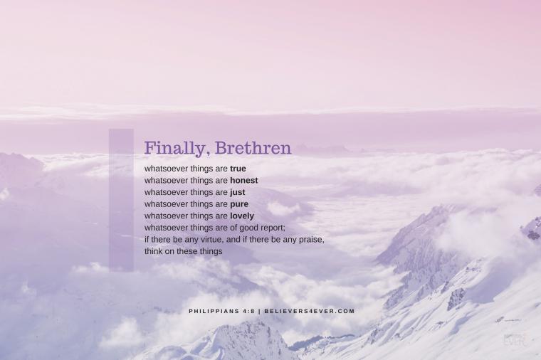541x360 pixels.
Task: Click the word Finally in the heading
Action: [174, 148]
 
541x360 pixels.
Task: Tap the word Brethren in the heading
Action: [253, 147]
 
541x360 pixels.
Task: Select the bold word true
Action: [238, 169]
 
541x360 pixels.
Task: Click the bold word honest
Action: [244, 180]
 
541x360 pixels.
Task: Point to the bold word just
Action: [238, 192]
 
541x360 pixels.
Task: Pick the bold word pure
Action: [239, 204]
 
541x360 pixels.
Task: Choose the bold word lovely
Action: [242, 216]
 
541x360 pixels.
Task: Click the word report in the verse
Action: [273, 228]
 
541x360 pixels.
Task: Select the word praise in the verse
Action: [311, 239]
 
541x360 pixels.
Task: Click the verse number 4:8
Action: [248, 311]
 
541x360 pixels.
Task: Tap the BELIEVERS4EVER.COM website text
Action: [310, 311]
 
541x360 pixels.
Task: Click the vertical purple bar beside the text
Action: [121, 200]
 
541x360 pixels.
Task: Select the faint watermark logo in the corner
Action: [515, 340]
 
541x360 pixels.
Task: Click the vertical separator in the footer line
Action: [259, 311]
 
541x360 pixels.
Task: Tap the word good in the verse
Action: [248, 228]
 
